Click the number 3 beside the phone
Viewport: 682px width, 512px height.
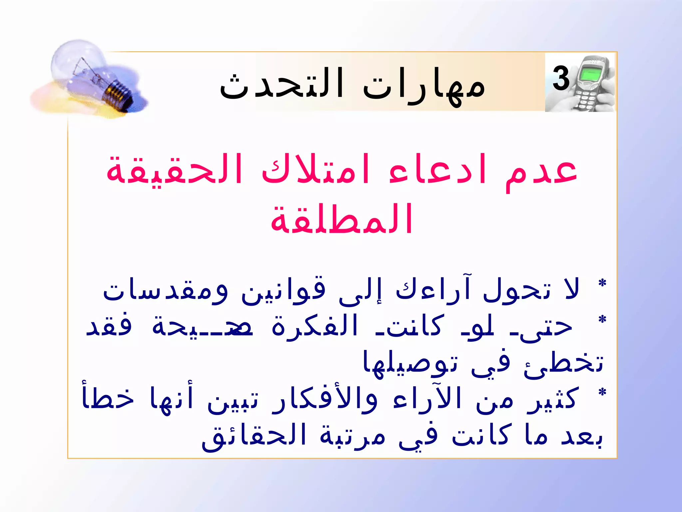coord(561,79)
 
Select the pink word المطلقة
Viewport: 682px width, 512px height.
coord(342,220)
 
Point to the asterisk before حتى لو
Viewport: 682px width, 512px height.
coord(602,320)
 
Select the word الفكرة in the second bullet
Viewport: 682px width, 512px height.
coord(315,327)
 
